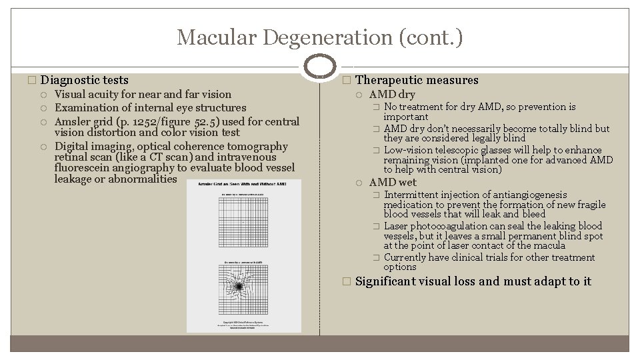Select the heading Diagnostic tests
(85, 80)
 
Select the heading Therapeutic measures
(417, 80)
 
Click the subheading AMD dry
(392, 95)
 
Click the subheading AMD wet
(393, 182)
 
